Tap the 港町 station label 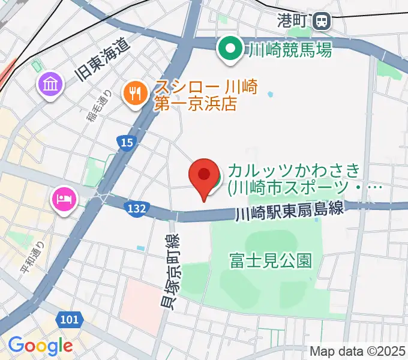click(292, 20)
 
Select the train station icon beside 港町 click(322, 21)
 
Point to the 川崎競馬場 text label click(290, 50)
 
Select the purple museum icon click(51, 84)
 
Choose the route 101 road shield click(69, 319)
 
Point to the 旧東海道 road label click(103, 59)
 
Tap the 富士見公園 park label click(271, 260)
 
